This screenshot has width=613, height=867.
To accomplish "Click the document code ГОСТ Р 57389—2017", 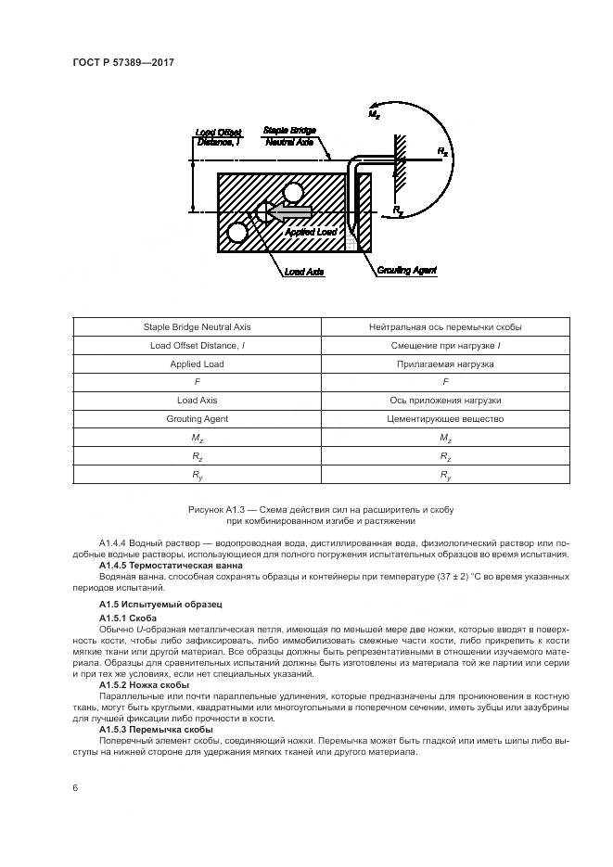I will pyautogui.click(x=123, y=63).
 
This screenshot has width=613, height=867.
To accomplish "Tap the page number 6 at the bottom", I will pyautogui.click(x=75, y=788).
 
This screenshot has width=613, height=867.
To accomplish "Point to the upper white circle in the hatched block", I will pyautogui.click(x=295, y=192).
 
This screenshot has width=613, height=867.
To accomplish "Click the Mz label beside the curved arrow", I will pyautogui.click(x=376, y=114).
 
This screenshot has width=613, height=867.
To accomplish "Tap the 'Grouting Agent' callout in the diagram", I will pyautogui.click(x=406, y=270).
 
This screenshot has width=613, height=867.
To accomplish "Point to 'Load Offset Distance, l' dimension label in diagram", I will pyautogui.click(x=219, y=137).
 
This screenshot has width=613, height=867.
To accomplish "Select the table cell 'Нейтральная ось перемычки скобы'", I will pyautogui.click(x=446, y=327).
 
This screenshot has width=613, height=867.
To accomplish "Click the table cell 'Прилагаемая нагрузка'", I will pyautogui.click(x=446, y=364).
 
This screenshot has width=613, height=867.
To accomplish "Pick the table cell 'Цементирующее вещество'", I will pyautogui.click(x=446, y=419).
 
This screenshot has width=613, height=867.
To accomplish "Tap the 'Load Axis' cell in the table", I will pyautogui.click(x=198, y=401).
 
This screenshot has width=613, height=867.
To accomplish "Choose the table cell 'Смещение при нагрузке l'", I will pyautogui.click(x=446, y=346).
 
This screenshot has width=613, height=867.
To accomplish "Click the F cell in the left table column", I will pyautogui.click(x=198, y=382).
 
